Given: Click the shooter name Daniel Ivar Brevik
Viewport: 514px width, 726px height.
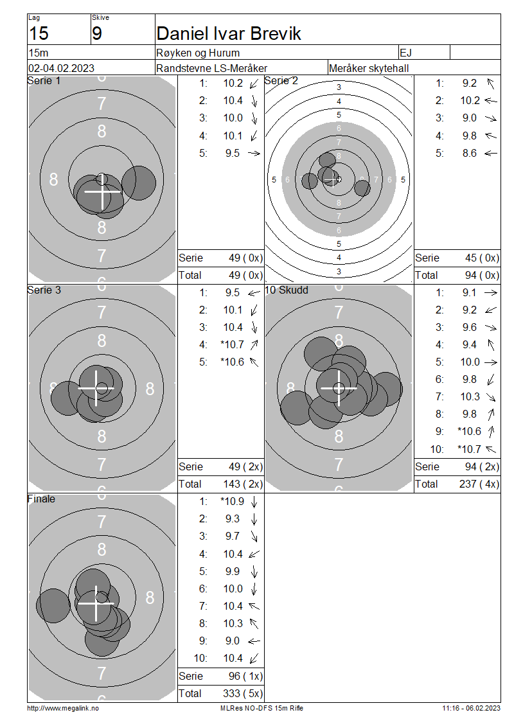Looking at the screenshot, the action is tap(229, 34).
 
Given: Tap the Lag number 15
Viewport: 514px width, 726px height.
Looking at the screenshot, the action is tap(39, 34).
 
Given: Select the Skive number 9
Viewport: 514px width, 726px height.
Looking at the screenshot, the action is tap(97, 34).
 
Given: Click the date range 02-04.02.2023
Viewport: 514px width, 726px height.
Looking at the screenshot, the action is tap(61, 68).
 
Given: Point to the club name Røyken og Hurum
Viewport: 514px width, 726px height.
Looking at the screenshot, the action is tap(198, 53).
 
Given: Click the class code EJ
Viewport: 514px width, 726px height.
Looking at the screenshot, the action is tap(405, 53).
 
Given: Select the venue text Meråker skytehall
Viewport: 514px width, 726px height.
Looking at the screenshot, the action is tap(369, 68).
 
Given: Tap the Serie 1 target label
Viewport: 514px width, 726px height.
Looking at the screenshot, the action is tap(44, 80).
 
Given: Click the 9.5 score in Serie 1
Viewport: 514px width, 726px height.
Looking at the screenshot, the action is tap(233, 154).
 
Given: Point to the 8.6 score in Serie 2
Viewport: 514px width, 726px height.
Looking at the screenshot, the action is tap(470, 154).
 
